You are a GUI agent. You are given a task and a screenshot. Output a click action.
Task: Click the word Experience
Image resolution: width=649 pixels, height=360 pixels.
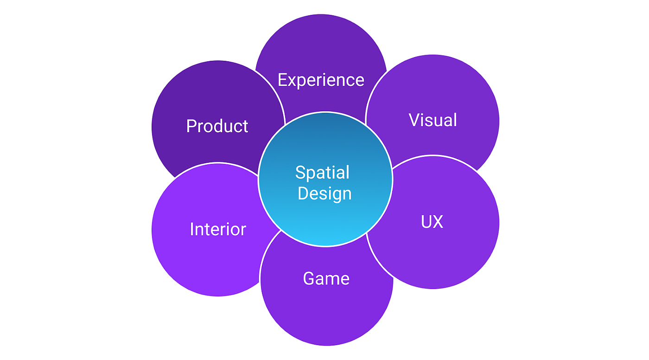[321, 80]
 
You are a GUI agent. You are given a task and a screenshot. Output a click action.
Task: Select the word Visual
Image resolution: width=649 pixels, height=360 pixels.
[433, 120]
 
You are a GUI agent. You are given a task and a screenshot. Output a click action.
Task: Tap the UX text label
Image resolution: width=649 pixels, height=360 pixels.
[432, 222]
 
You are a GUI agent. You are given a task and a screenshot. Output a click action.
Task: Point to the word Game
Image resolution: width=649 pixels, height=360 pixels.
[326, 278]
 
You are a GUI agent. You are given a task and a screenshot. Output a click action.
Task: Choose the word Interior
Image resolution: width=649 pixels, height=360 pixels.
[218, 229]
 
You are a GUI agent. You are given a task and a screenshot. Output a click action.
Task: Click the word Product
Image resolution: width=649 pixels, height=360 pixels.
[217, 126]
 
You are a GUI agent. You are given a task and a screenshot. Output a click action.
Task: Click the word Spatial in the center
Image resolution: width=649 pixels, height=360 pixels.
[322, 173]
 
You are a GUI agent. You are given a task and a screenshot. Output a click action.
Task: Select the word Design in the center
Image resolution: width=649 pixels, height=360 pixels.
[324, 193]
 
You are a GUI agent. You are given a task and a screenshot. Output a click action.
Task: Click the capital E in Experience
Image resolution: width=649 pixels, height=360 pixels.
[282, 80]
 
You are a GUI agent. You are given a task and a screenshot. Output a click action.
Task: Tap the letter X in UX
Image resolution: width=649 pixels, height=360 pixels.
[438, 222]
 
